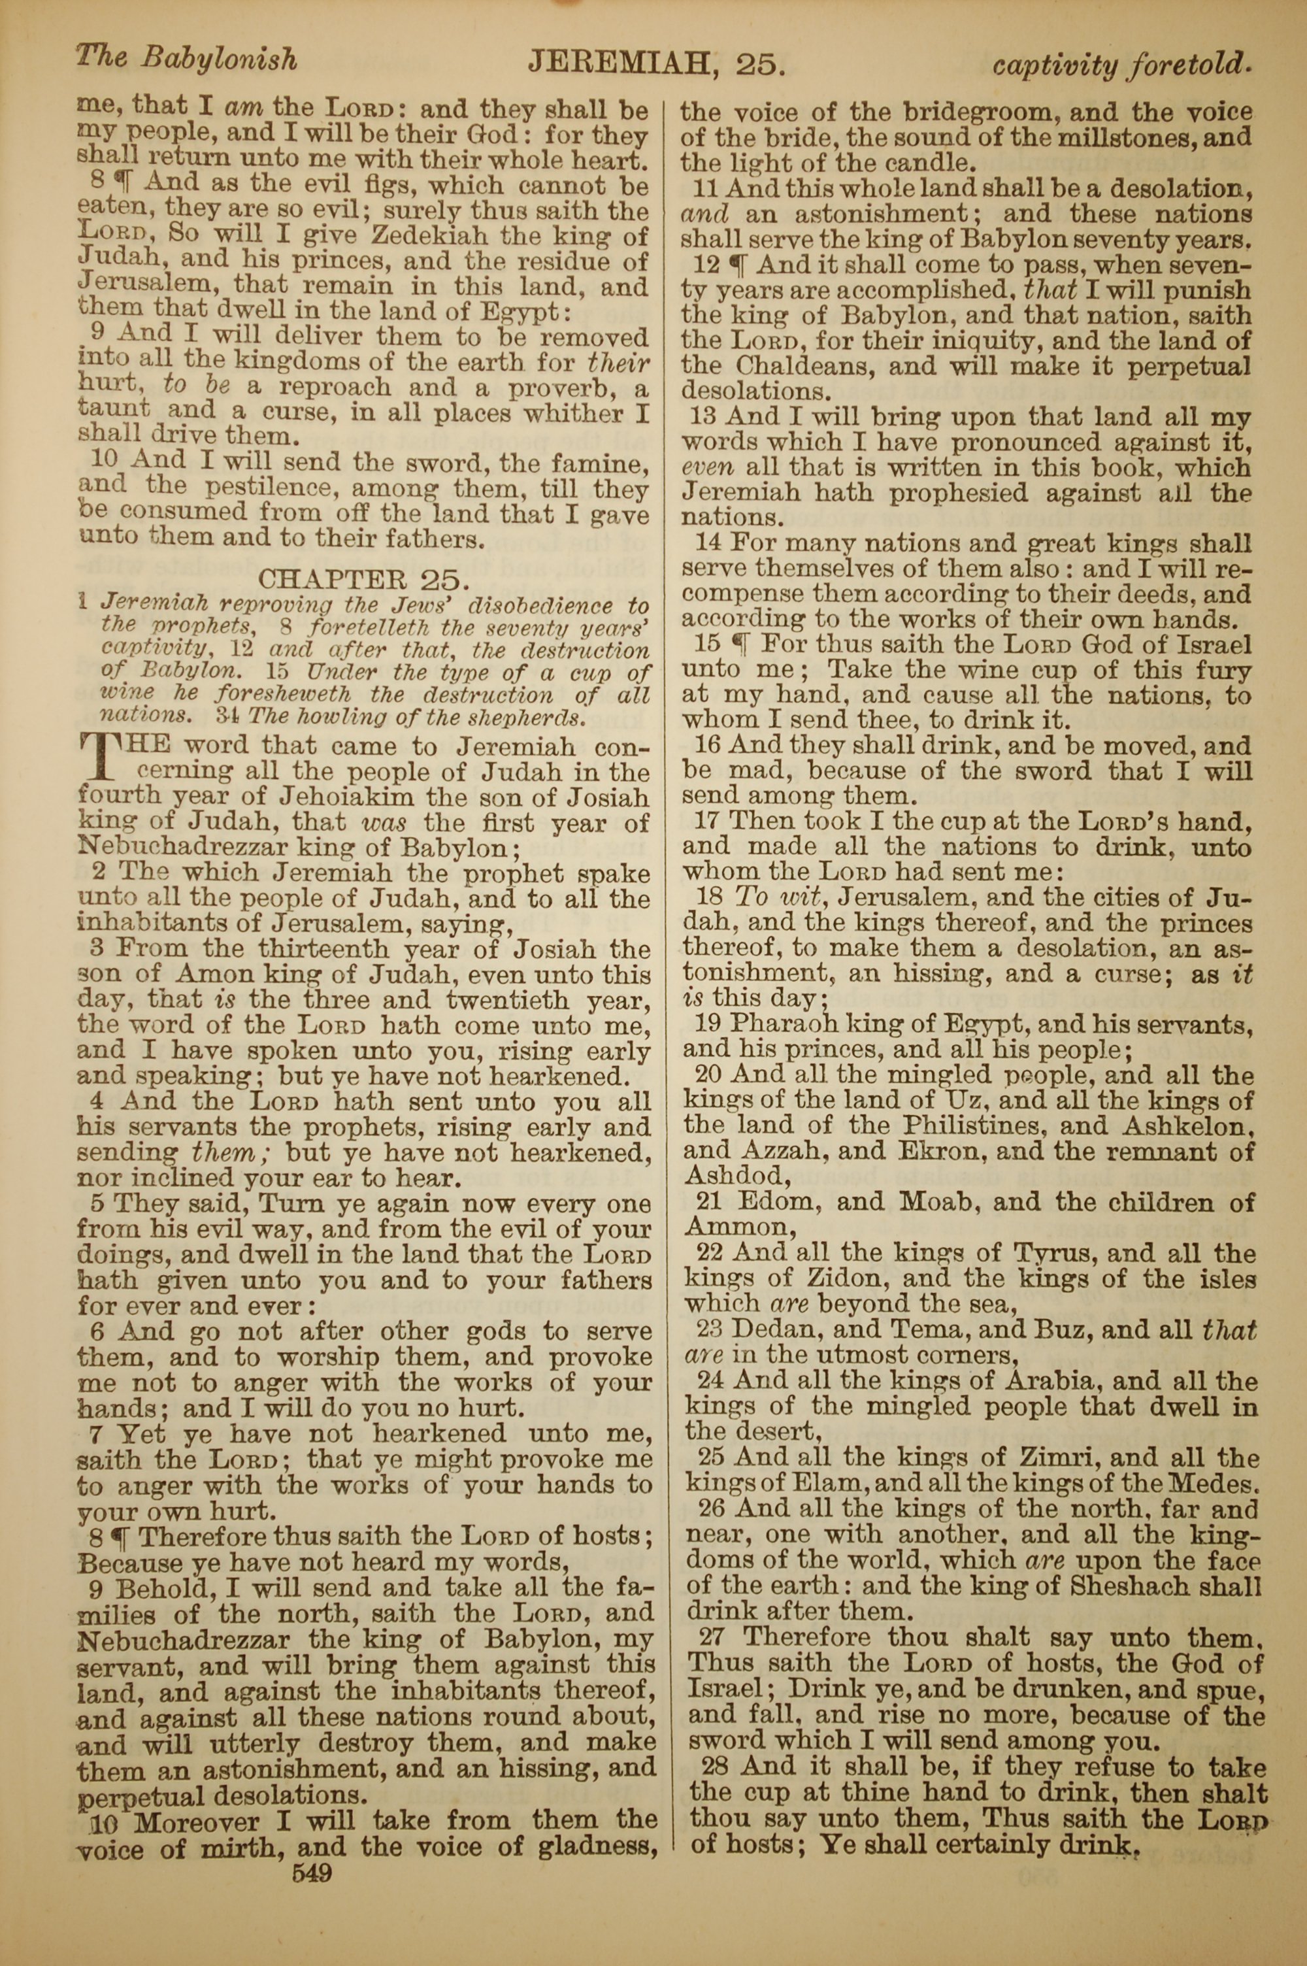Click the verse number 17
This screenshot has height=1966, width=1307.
707,822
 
